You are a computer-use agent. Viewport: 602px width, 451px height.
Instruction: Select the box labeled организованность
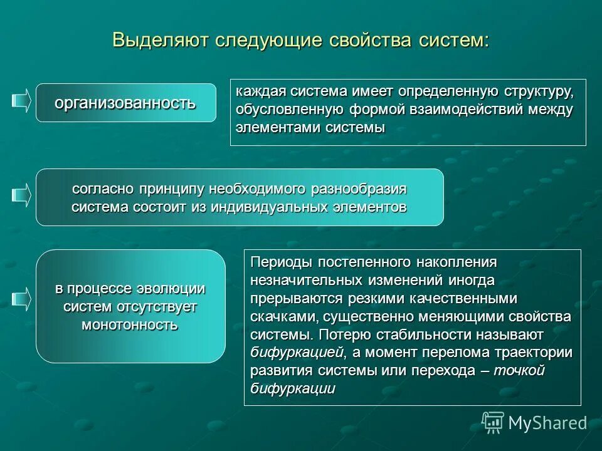click(x=125, y=103)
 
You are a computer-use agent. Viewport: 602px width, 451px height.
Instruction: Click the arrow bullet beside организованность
click(x=21, y=101)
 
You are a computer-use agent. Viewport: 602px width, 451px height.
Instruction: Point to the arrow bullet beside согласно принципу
click(x=21, y=195)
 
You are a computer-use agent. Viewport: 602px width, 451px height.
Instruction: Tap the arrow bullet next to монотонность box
click(x=21, y=299)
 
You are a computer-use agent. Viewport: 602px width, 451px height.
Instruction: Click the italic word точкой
click(x=520, y=370)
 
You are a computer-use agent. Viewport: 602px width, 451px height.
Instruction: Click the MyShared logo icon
click(x=493, y=422)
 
